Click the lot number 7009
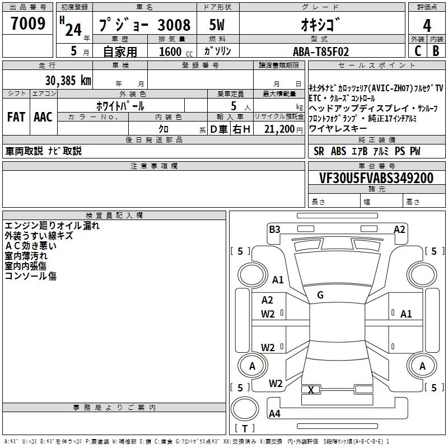point(28,24)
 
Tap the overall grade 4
point(427,26)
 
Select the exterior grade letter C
point(418,51)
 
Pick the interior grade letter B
point(436,51)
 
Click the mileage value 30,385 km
point(68,81)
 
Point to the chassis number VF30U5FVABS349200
point(376,178)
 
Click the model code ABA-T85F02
point(321,52)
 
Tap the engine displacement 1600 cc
point(176,52)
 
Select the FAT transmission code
point(16,117)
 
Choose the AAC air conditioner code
point(43,117)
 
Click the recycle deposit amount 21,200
point(279,129)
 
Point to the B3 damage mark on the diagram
point(274,230)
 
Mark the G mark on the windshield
point(320,295)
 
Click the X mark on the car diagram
point(311,390)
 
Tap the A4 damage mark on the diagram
point(274,413)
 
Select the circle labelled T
point(245,409)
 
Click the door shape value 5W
point(217,25)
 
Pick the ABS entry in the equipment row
point(339,151)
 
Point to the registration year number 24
point(73,30)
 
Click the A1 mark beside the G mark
point(278,279)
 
